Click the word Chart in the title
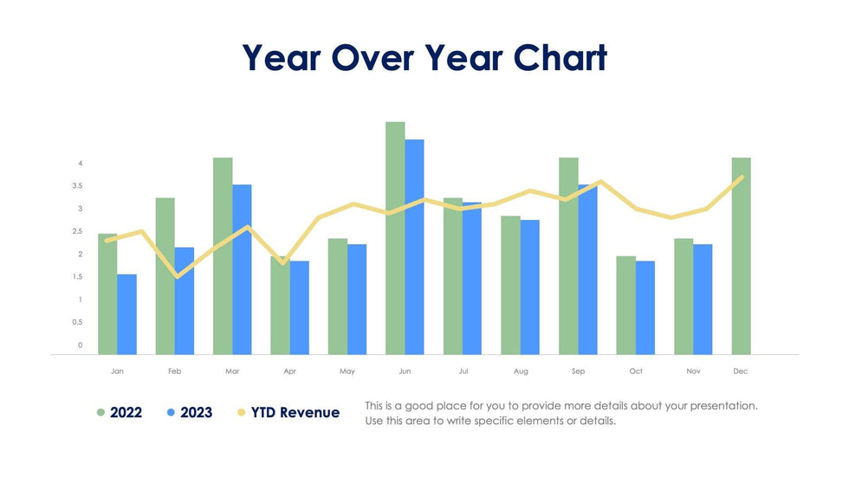click(x=560, y=58)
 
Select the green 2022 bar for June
click(x=395, y=238)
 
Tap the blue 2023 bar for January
click(x=126, y=314)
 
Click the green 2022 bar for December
click(x=741, y=255)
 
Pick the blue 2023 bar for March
click(x=242, y=269)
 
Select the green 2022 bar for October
click(x=625, y=305)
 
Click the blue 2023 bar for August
click(x=530, y=287)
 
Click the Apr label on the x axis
click(x=289, y=371)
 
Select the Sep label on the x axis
click(x=578, y=371)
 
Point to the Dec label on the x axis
click(x=741, y=371)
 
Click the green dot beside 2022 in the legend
click(x=100, y=413)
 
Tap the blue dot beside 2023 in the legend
click(x=171, y=413)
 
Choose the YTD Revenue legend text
click(x=295, y=413)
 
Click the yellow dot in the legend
click(x=241, y=413)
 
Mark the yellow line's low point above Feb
click(x=177, y=277)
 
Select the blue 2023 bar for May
click(x=357, y=299)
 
